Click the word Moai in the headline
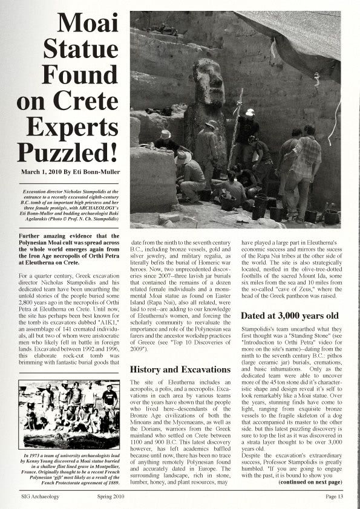click(91, 26)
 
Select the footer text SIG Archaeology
click(39, 497)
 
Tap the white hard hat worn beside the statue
click(250, 112)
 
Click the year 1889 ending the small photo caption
click(109, 484)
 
